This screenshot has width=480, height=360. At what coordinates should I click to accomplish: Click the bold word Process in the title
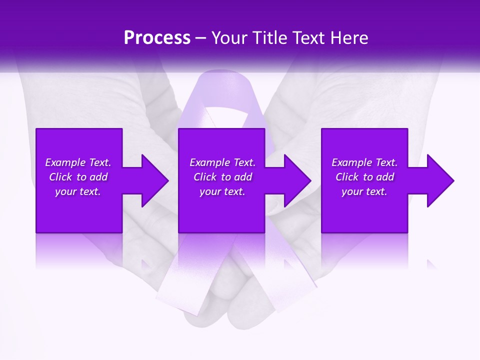click(x=157, y=38)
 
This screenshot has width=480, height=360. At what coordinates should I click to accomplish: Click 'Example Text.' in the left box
click(x=78, y=162)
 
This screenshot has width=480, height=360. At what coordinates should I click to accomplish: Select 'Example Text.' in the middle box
click(x=222, y=162)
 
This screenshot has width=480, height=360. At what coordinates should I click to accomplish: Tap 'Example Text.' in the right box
click(x=364, y=162)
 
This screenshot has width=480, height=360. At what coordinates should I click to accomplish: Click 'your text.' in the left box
click(x=78, y=191)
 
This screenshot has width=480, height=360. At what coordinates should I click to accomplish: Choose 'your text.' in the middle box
click(x=222, y=191)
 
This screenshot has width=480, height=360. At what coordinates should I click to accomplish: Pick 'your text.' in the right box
click(x=364, y=191)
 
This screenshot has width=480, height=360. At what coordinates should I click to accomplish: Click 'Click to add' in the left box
click(x=78, y=177)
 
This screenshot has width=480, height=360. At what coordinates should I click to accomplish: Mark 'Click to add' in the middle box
click(x=222, y=177)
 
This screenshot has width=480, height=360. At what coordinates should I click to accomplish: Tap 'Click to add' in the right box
click(x=364, y=177)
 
